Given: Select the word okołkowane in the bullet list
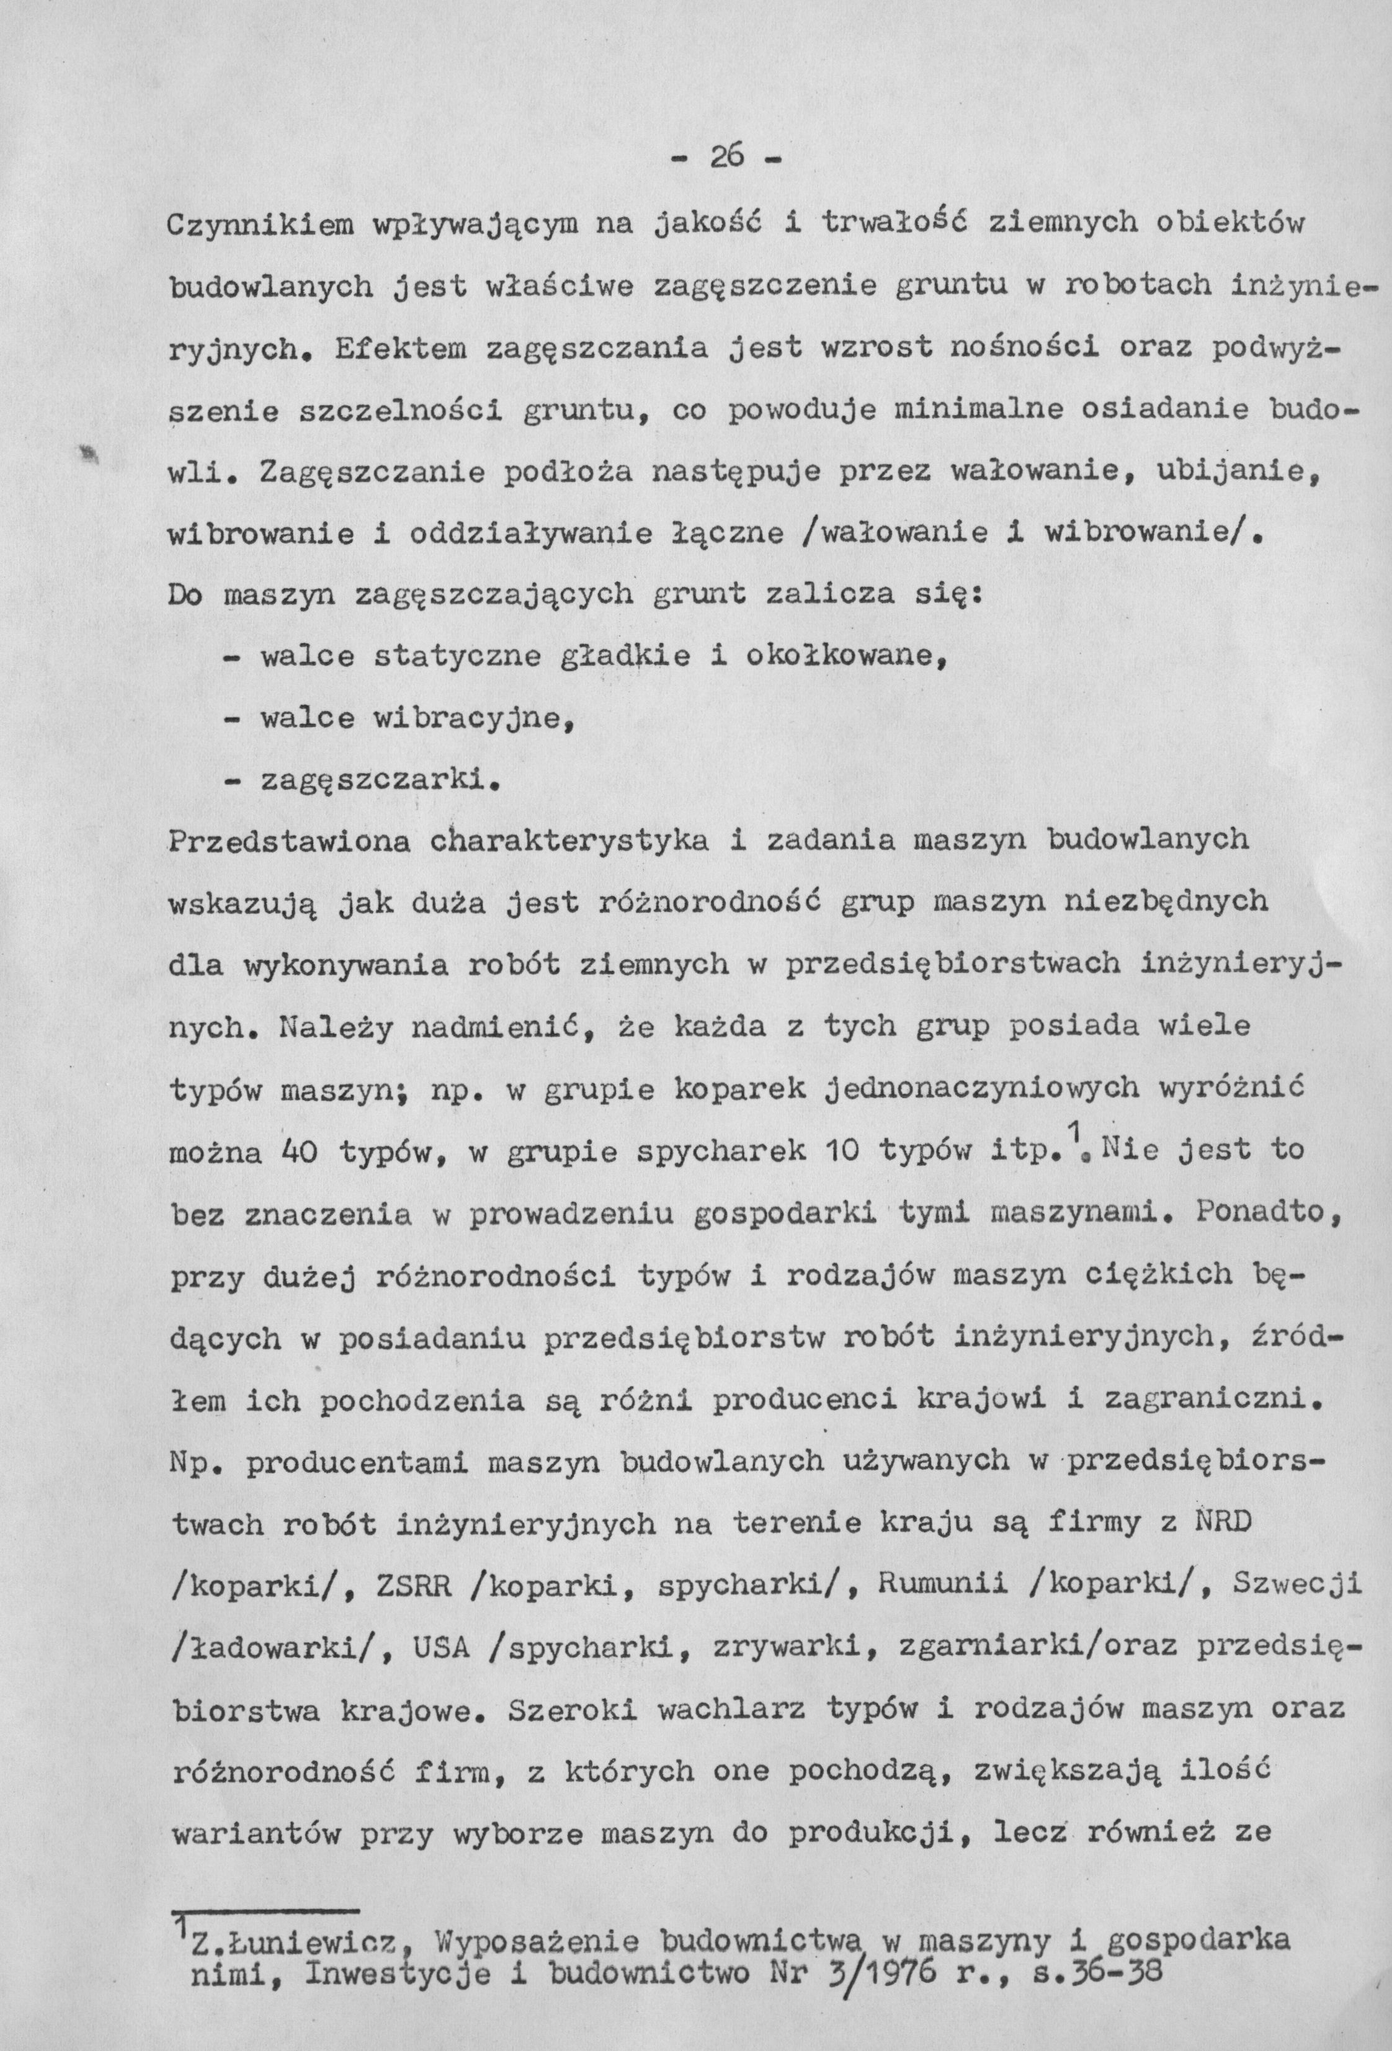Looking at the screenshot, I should click(x=839, y=658).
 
